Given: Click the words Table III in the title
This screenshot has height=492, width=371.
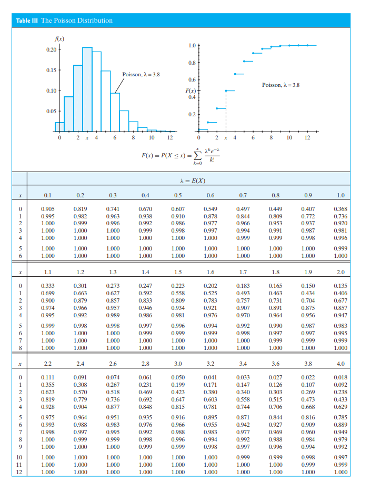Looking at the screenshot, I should click(x=27, y=21).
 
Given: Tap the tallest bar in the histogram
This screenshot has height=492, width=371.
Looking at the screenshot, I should click(x=87, y=89).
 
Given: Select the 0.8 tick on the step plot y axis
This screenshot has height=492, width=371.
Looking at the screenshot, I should click(x=192, y=63).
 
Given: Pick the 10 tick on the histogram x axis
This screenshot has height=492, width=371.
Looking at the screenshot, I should click(x=151, y=138).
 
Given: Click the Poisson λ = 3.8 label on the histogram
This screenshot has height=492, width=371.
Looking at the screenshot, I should click(x=141, y=74).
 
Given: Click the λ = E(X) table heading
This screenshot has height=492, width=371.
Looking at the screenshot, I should click(x=192, y=182).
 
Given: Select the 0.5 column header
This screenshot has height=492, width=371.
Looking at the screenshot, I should click(x=178, y=195).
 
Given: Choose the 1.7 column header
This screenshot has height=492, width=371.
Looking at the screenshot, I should click(x=243, y=273).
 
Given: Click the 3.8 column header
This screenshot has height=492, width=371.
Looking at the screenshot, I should click(x=308, y=363).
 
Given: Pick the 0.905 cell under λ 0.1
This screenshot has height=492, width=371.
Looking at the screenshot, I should click(x=47, y=209).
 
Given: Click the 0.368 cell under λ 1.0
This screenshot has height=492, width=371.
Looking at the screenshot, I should click(x=340, y=209).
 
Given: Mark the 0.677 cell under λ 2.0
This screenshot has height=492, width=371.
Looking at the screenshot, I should click(x=340, y=300).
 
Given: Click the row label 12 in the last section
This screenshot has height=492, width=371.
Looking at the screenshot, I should click(x=19, y=472).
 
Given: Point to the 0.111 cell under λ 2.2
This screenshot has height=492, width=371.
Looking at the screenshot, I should click(x=47, y=377).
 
